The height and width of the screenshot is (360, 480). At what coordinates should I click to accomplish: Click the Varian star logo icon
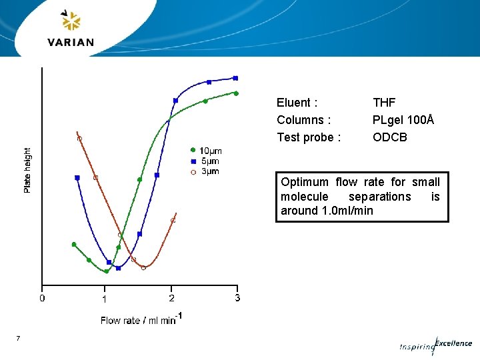(x=70, y=21)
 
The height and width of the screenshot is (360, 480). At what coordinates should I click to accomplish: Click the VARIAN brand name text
(x=71, y=42)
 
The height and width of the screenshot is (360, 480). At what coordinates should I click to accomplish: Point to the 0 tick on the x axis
(x=42, y=298)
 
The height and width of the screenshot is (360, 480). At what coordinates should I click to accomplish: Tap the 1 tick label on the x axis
(x=104, y=299)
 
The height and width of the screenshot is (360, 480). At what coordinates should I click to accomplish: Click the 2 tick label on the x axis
(x=172, y=298)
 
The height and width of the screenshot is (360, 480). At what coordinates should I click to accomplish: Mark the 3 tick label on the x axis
(x=237, y=298)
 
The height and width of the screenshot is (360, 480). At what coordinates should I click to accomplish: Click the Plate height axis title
(x=27, y=171)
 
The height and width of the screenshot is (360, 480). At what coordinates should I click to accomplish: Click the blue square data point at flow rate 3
(x=235, y=78)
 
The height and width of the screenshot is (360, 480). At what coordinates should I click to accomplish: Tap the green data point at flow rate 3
(x=236, y=93)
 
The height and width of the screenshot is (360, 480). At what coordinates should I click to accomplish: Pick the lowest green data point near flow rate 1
(x=106, y=271)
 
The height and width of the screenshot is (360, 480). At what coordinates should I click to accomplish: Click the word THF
(x=384, y=103)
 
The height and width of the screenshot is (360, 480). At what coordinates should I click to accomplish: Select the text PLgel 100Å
(x=403, y=120)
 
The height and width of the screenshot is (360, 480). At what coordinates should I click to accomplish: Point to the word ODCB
(x=390, y=137)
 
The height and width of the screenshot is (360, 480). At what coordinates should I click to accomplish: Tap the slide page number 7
(x=18, y=339)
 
